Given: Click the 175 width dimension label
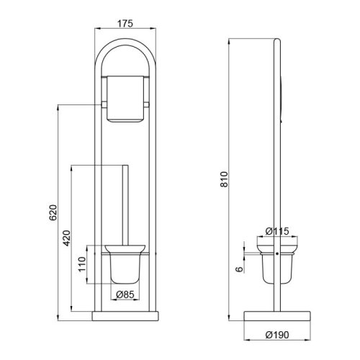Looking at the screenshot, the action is [125, 24].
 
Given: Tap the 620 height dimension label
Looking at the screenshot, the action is [53, 212].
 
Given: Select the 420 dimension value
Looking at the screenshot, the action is [67, 238].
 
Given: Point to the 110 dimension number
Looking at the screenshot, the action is [82, 264].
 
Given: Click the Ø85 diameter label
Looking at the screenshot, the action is [125, 294].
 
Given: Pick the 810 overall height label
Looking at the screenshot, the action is [224, 179].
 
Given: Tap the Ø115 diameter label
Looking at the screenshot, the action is [277, 231].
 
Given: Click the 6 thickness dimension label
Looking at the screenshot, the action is [240, 269].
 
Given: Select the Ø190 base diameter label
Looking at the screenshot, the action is [277, 335].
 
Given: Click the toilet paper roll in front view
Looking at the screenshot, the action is [125, 99].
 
